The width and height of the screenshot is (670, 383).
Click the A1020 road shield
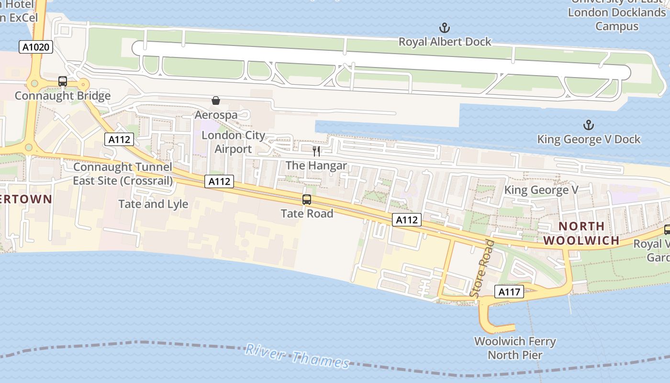point(36,47)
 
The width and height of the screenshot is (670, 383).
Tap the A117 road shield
point(509,292)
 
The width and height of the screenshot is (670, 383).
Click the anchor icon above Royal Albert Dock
point(445,28)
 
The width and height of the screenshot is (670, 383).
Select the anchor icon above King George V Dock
point(588,125)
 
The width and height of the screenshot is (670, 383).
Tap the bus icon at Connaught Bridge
point(63,81)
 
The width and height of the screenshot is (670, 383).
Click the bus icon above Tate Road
point(307,200)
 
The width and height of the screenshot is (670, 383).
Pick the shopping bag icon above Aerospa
point(216,101)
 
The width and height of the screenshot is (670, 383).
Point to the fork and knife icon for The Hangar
point(316,152)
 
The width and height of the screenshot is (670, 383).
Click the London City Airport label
point(233,142)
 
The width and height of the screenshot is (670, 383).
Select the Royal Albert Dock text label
point(445,42)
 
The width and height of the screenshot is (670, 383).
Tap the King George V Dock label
point(589,139)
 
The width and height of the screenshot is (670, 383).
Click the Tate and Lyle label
point(153,204)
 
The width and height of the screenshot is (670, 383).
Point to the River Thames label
point(297,356)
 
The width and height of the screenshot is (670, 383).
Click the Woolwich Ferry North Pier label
point(515,348)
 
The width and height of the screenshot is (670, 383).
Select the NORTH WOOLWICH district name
point(582,233)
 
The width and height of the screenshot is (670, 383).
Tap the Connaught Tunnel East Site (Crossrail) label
point(123,174)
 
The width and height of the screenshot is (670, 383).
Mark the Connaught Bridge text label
point(63,96)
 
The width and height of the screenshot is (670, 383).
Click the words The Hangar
point(316,166)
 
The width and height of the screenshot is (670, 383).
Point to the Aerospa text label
point(216,115)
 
